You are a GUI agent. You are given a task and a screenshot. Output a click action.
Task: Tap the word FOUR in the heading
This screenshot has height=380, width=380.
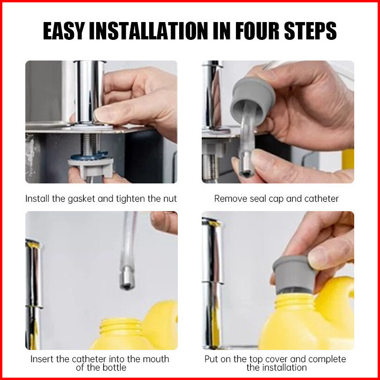point(257,31)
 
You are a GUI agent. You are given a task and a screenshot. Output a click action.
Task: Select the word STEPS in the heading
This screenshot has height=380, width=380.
point(311,31)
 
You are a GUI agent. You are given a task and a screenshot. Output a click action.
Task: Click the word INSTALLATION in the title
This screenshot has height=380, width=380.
point(149,31)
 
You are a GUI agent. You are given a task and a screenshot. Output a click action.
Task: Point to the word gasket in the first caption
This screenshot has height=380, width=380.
point(81,199)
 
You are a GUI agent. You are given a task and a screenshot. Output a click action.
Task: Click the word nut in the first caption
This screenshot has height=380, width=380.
point(170,199)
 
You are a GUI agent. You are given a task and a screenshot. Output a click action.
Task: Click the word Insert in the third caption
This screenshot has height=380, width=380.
point(42,359)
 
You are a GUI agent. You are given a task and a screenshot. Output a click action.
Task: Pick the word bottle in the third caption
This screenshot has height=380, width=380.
point(114,367)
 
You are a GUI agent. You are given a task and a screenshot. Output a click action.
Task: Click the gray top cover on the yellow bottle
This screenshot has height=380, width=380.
point(294,274)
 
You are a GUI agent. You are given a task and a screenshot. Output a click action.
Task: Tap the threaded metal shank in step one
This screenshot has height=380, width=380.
point(91,144)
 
